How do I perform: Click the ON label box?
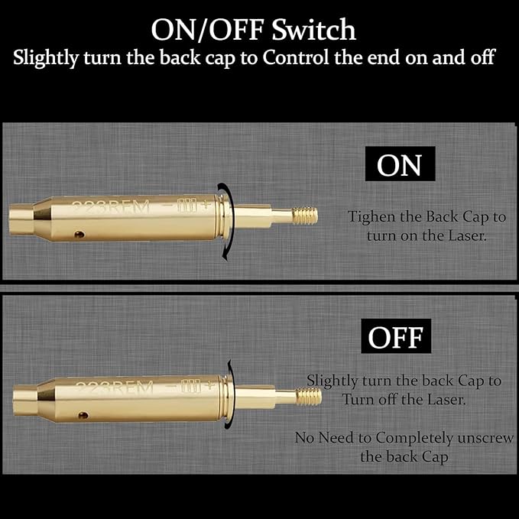click(400, 166)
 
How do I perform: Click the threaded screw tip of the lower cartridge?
click(309, 396)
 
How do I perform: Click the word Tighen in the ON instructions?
click(372, 217)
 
